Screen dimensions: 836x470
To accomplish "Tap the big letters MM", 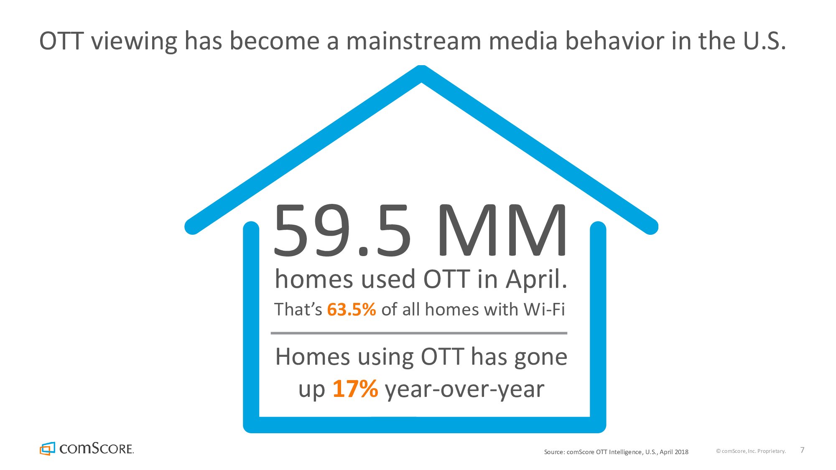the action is (503, 230).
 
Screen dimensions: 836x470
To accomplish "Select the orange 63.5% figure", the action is (352, 310).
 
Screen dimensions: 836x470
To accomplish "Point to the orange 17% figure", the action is (355, 389).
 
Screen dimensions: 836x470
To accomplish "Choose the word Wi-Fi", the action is (544, 310).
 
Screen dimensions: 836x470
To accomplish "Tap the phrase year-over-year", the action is (464, 390).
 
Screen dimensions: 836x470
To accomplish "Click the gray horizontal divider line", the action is (419, 333).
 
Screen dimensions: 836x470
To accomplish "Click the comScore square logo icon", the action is (47, 448).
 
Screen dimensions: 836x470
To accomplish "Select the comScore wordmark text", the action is (97, 449).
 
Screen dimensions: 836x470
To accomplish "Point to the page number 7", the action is (802, 450).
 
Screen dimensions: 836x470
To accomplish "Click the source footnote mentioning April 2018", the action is (616, 452).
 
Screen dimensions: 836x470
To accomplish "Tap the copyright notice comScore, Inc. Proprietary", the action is (751, 451).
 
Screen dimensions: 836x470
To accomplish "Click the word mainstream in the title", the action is (414, 41).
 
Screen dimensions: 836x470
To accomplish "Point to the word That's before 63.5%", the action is (298, 310).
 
